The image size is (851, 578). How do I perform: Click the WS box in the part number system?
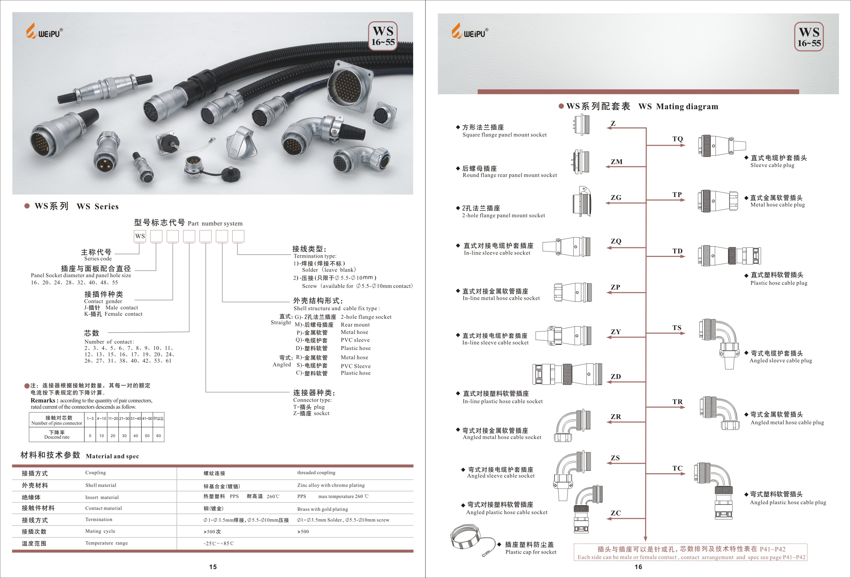point(140,236)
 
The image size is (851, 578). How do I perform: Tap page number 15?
point(213,567)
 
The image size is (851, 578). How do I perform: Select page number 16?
point(638,567)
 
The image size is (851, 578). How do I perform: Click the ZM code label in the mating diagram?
point(616,162)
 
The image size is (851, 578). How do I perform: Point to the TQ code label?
point(677,139)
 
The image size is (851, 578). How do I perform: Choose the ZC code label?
point(616,513)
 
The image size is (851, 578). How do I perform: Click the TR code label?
point(677,402)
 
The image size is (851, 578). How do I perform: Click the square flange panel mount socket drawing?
point(582,125)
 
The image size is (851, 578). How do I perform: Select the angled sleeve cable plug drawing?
point(720,343)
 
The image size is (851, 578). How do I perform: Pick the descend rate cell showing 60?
point(159,436)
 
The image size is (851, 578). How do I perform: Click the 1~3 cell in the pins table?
point(90,419)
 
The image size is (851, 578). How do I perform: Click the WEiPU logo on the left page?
point(44,31)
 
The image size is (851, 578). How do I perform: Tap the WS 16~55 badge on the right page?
point(809,37)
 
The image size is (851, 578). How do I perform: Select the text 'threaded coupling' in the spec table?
point(316,473)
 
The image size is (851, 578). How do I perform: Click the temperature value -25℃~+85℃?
point(219,544)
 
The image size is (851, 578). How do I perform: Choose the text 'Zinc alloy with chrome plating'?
point(331,485)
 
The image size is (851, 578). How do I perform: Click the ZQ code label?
point(616,241)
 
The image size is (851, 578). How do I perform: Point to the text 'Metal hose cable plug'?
point(778,205)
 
